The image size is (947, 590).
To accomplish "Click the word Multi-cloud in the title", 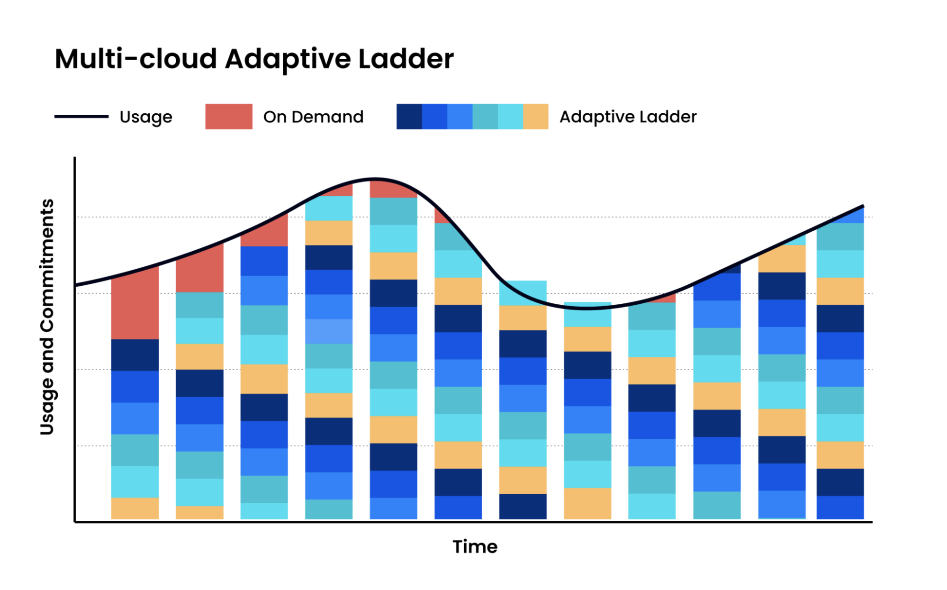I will coord(135,59).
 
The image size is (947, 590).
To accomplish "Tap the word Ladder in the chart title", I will coord(406,59).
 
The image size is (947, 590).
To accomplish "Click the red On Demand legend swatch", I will coord(228,117).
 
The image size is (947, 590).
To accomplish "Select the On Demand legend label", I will coord(313,117).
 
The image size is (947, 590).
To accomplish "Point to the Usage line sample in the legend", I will coord(81,117).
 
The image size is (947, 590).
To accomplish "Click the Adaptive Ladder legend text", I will coord(628,117).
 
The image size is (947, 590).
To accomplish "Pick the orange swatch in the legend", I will coord(535,117).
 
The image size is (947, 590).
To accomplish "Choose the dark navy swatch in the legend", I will coord(409,117).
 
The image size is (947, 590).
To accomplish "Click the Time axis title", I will coord(475,547).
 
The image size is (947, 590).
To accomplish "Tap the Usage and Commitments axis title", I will coord(47,317).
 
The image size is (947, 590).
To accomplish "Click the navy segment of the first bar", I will coord(135,354).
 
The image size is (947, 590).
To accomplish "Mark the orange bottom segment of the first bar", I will coord(135,508).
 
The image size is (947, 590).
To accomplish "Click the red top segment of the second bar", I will coord(199,270).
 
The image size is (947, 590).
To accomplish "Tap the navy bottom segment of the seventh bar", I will coord(523,506).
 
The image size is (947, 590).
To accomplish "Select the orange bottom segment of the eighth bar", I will coord(587,503).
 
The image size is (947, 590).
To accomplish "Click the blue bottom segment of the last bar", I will coord(840,507).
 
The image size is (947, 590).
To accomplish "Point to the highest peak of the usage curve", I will coord(375,179).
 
